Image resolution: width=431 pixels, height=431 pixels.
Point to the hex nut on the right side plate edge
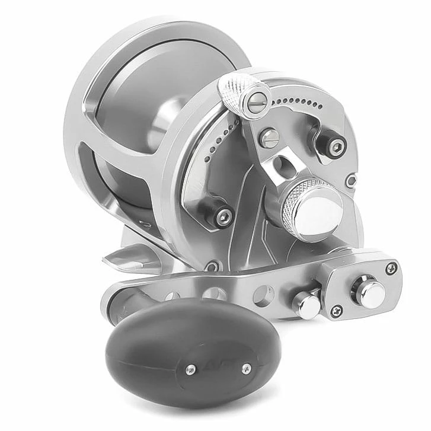click(352, 180)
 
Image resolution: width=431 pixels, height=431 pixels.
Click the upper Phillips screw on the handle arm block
click(391, 268)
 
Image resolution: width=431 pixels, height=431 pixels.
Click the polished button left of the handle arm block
click(307, 304)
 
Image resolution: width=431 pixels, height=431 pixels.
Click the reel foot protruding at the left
click(127, 256)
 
